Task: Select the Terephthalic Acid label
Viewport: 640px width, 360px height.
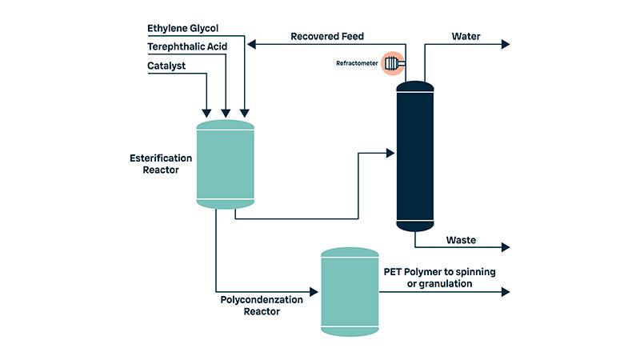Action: pyautogui.click(x=187, y=46)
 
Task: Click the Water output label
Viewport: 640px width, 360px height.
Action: pyautogui.click(x=466, y=36)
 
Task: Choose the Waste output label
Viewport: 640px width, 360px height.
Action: pyautogui.click(x=461, y=240)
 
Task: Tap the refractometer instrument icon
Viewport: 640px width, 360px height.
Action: pyautogui.click(x=394, y=63)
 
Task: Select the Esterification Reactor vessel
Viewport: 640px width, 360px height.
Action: pyautogui.click(x=226, y=165)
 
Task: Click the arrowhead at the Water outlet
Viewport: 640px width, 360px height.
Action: pyautogui.click(x=505, y=45)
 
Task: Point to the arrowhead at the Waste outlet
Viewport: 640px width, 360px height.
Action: pyautogui.click(x=505, y=248)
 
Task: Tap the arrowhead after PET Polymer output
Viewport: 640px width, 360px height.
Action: pyautogui.click(x=505, y=292)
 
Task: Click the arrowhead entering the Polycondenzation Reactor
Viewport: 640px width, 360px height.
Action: pyautogui.click(x=315, y=292)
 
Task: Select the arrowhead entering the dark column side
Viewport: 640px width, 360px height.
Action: pyautogui.click(x=391, y=150)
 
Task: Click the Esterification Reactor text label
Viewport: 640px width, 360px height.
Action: pyautogui.click(x=160, y=163)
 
